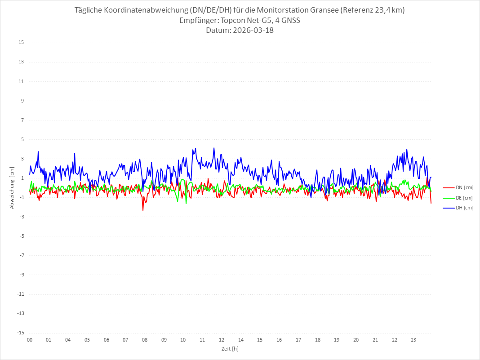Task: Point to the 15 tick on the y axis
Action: [21, 43]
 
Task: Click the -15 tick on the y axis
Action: [20, 333]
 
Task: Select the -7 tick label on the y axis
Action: [21, 255]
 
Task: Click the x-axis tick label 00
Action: [30, 340]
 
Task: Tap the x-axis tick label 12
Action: [222, 340]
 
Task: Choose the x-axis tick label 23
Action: [413, 340]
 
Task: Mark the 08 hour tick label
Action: [145, 340]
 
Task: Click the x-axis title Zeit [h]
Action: [230, 349]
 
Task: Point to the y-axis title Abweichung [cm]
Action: [12, 188]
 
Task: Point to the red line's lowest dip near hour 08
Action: [143, 210]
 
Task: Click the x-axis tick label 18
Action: [318, 340]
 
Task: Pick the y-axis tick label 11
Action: [21, 81]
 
